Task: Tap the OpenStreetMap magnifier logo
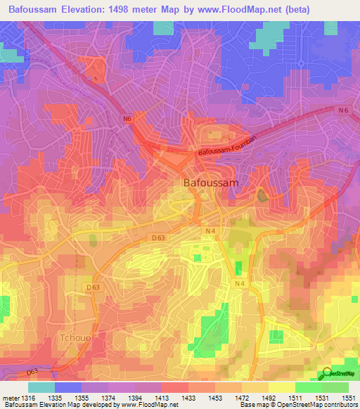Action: (327, 373)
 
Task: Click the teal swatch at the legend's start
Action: (41, 387)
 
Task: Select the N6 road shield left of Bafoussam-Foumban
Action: (127, 119)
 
